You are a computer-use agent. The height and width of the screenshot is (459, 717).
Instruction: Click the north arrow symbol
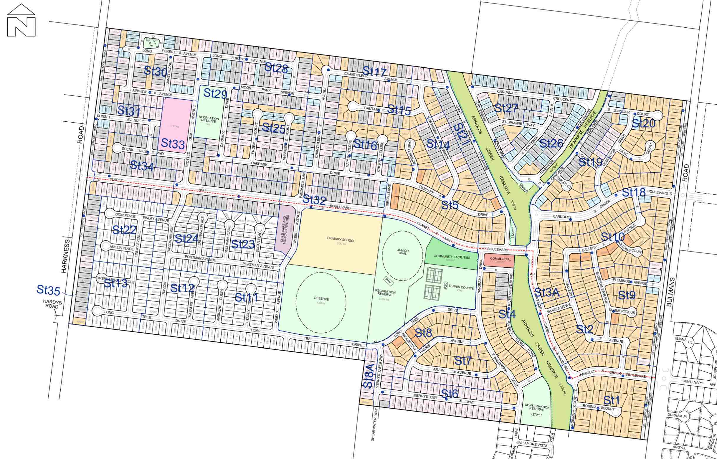point(21,20)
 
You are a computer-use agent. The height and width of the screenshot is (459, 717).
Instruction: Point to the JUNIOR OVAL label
point(403,252)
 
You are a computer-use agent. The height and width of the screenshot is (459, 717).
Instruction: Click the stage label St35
point(48,289)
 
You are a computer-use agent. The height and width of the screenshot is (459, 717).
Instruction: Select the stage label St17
point(374,72)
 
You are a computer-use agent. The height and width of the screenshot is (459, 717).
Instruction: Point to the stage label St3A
point(546,292)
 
